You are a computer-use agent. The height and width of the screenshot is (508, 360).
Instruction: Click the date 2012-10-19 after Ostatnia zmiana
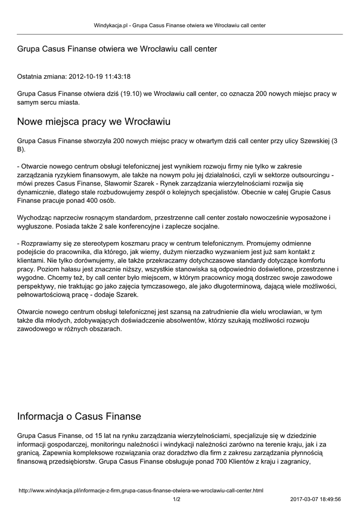[x=85, y=77]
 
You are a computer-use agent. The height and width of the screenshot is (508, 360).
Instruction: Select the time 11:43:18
[x=117, y=77]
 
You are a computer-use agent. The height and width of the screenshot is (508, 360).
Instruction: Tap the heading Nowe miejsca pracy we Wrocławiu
[x=94, y=122]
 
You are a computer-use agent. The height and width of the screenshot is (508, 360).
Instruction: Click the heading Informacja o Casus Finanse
[x=79, y=416]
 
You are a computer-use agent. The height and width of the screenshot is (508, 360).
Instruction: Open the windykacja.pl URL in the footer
[x=141, y=491]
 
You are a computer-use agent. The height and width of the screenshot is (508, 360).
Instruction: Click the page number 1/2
[x=176, y=499]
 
